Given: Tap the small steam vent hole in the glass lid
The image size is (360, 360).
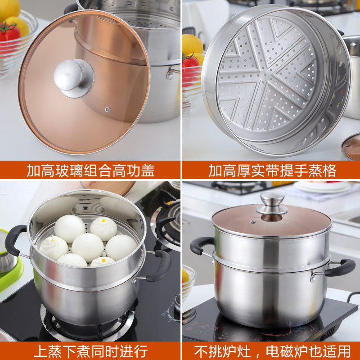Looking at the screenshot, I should tap(108, 109).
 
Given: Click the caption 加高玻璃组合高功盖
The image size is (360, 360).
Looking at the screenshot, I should tap(90, 171).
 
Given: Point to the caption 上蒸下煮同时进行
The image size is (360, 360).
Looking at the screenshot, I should tap(90, 350).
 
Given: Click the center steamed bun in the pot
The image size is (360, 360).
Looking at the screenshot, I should tap(87, 247).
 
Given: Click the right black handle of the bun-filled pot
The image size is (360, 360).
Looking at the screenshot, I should tap(162, 265).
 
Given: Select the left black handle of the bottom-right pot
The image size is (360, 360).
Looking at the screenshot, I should tap(199, 245).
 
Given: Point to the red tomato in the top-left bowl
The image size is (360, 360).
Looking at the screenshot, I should tap(10, 34).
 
